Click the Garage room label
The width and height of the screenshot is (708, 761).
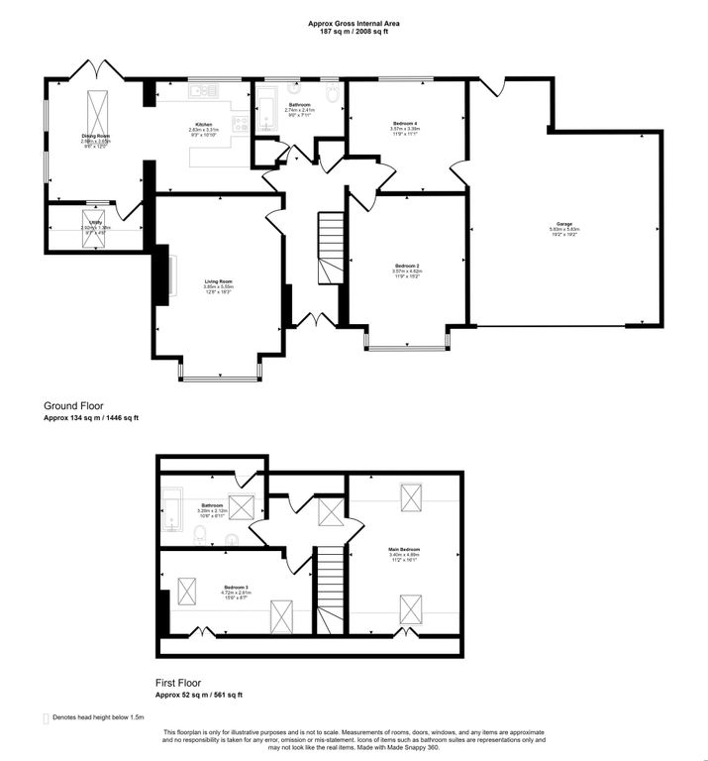point(563,225)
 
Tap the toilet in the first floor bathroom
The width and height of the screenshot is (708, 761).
point(201,536)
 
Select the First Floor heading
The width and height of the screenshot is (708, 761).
point(185,683)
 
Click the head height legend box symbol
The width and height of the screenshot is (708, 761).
point(46,717)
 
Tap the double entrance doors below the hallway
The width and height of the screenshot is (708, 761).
point(314,320)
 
